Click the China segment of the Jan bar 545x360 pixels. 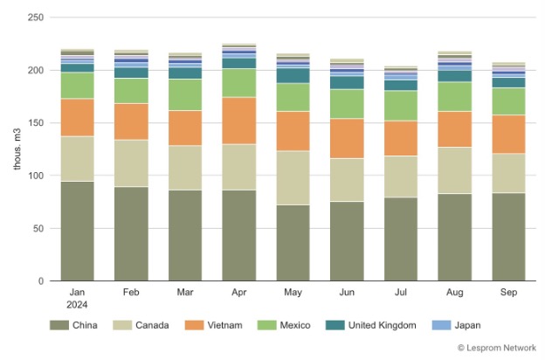click(x=77, y=231)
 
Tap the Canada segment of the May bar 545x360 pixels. click(x=293, y=178)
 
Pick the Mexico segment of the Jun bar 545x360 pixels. click(x=347, y=104)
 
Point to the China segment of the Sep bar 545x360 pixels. click(x=508, y=237)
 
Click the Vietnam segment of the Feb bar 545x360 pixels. click(x=131, y=121)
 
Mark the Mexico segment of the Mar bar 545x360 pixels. click(x=185, y=94)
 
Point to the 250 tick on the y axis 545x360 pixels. click(x=37, y=17)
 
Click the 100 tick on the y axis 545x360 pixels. click(x=37, y=176)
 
